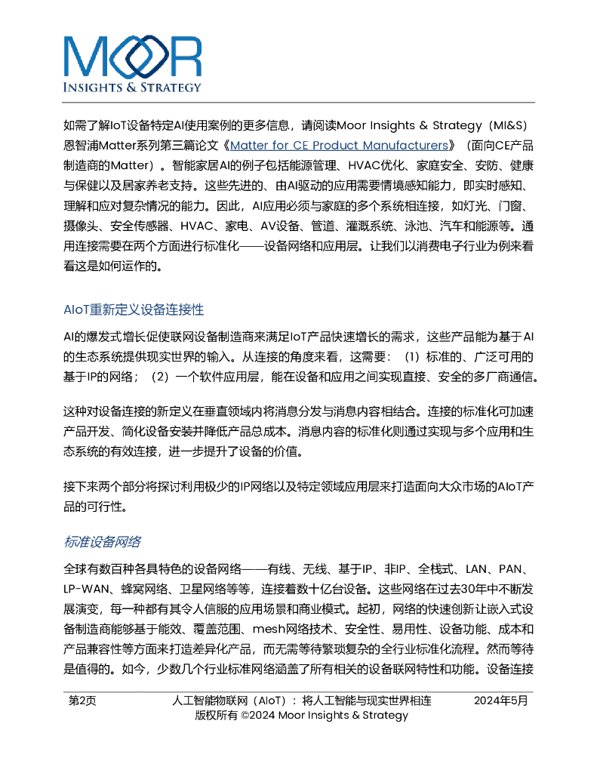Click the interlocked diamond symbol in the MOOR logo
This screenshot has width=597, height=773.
coord(133,57)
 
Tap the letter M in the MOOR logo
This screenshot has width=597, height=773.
coord(84,57)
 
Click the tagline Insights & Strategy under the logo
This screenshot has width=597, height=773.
coord(133,87)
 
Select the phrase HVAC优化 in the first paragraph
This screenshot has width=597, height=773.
coord(373,165)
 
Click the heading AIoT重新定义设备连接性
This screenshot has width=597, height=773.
coord(134,310)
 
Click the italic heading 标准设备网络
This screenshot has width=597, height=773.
coord(103,542)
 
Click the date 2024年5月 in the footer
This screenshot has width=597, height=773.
coord(501,701)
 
